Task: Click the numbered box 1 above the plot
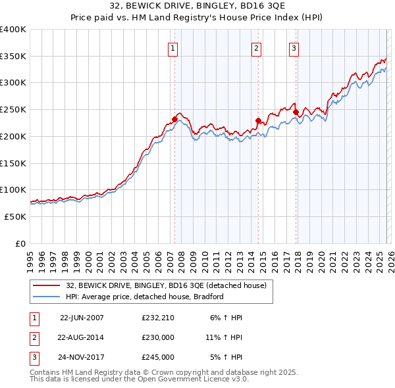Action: tap(172, 47)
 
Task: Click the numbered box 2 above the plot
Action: tap(255, 47)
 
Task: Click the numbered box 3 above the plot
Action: tap(294, 47)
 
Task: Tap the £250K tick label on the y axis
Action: tap(13, 110)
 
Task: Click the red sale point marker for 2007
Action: tap(174, 119)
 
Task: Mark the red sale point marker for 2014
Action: tap(258, 120)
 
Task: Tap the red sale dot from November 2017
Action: tap(296, 112)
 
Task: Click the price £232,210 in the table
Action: tap(158, 318)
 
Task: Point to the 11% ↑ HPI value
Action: tap(224, 337)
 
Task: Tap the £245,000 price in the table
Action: tap(158, 357)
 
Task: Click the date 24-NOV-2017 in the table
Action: tap(82, 357)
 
